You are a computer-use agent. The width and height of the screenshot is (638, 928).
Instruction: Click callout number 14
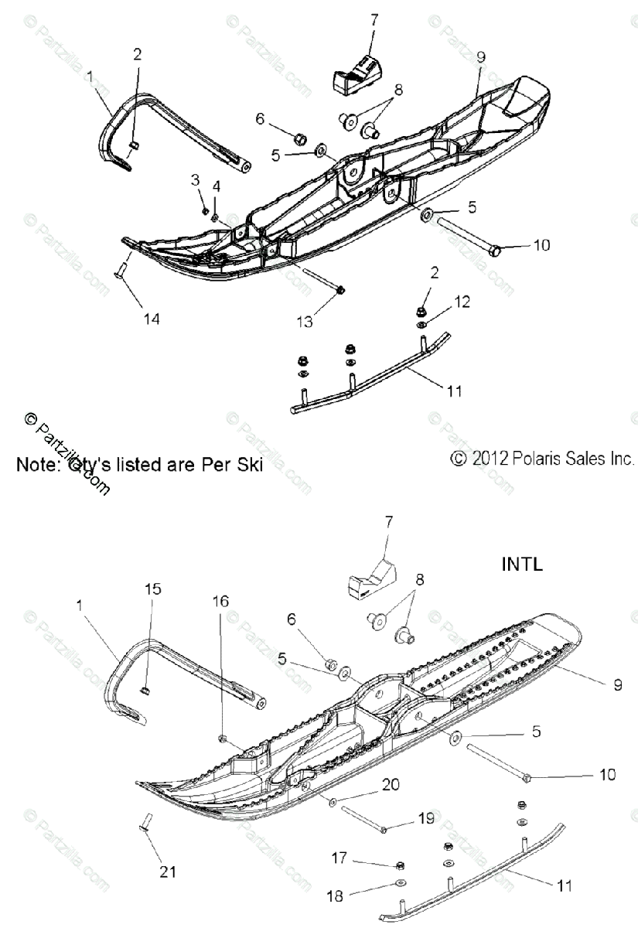click(152, 317)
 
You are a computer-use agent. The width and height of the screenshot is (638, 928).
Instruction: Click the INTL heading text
click(522, 564)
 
